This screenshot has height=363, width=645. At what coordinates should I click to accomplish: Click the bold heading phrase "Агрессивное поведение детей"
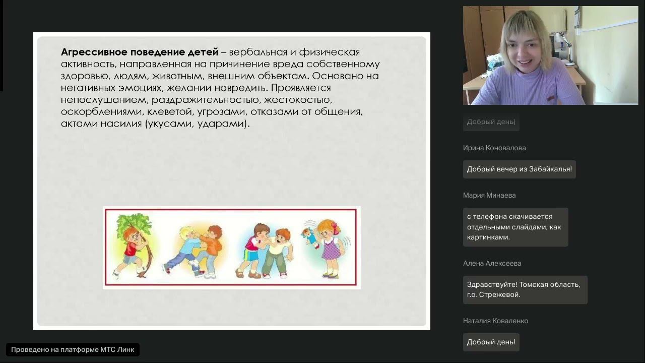click(140, 52)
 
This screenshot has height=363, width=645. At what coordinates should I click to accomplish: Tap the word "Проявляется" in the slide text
click(301, 88)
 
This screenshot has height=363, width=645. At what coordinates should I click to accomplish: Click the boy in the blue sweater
click(184, 250)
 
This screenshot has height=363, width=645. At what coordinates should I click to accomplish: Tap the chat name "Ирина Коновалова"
click(494, 148)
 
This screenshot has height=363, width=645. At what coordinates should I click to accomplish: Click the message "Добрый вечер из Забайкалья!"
click(519, 169)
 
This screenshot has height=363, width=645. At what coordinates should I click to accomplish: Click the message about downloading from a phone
click(515, 227)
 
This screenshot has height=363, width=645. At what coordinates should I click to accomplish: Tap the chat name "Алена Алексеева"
click(492, 264)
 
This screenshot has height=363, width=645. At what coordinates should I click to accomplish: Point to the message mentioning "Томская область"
click(525, 289)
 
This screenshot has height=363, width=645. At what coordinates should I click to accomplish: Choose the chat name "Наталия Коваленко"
click(495, 321)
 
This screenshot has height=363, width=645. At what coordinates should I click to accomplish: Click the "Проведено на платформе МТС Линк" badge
click(73, 349)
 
